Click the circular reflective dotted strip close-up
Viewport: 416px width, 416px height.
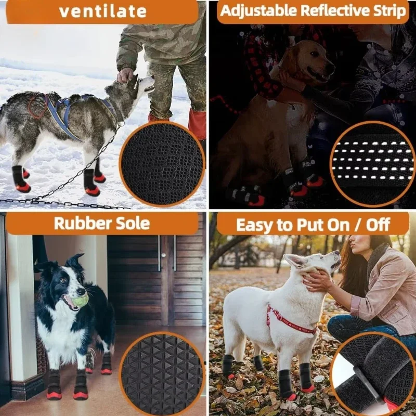372,164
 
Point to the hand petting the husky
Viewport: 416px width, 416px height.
125,75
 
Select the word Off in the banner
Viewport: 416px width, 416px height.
384,225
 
